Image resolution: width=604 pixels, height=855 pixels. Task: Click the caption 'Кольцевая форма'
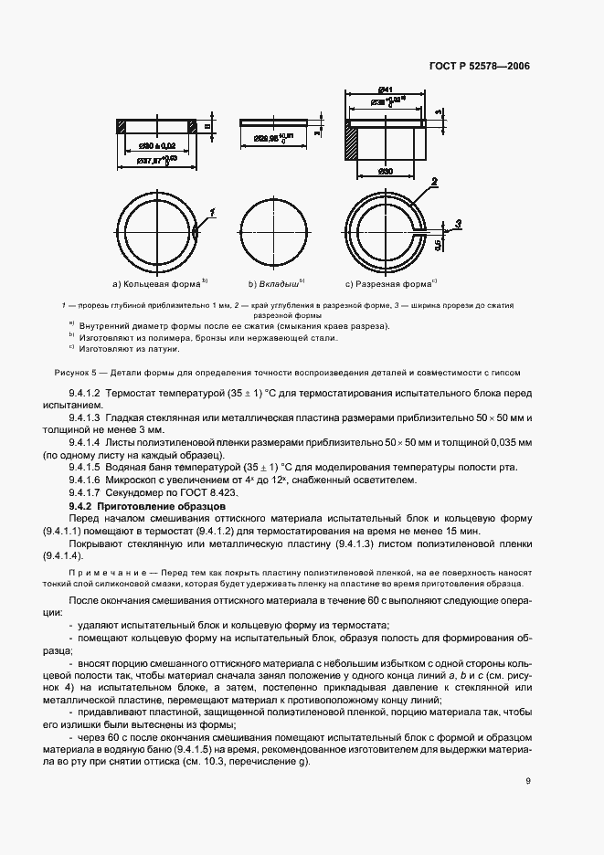coord(150,282)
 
